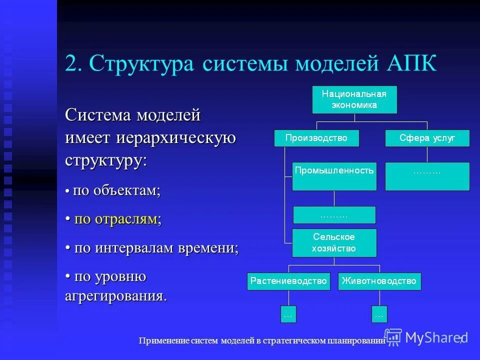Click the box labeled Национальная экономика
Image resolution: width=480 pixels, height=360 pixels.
tap(354, 99)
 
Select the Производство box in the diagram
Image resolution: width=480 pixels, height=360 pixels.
tap(316, 138)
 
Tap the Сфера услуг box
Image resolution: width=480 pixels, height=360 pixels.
tap(427, 138)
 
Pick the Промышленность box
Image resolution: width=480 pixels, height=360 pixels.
tap(334, 176)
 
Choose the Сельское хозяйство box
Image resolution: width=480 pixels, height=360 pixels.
tap(334, 242)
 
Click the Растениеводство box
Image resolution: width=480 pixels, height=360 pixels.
tap(289, 281)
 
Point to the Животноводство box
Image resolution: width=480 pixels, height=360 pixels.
tap(379, 281)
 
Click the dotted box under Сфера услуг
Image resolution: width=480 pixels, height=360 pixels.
tap(427, 176)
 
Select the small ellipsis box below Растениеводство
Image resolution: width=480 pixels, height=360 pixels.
tap(288, 314)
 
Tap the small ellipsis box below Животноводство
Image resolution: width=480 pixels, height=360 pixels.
tap(379, 314)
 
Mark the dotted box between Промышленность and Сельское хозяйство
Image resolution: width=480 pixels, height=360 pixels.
tap(334, 215)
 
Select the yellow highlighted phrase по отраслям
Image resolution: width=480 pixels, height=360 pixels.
tap(117, 219)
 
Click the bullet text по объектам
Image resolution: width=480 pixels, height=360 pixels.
tap(116, 190)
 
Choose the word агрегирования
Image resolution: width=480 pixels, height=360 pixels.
tap(115, 295)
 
